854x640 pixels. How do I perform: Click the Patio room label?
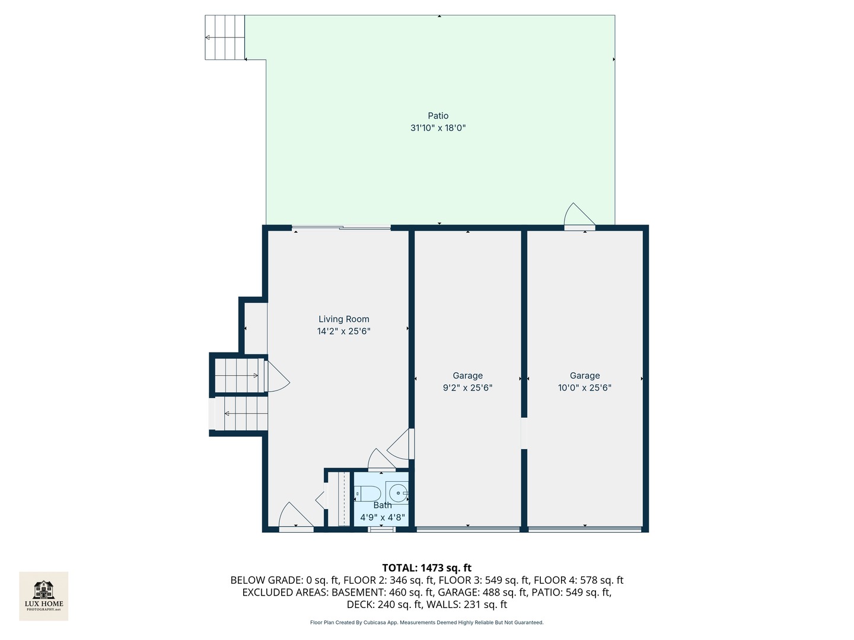click(x=438, y=116)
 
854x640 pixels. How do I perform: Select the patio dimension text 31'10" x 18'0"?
click(x=438, y=128)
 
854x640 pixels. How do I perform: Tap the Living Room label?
click(x=343, y=319)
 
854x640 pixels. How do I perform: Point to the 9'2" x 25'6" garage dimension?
click(x=467, y=388)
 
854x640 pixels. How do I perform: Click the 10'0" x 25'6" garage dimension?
click(x=584, y=388)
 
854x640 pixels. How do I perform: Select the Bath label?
click(x=383, y=505)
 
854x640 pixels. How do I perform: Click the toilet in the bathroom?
click(x=368, y=493)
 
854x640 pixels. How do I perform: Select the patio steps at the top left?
click(x=225, y=37)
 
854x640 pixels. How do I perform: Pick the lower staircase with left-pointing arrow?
click(x=243, y=413)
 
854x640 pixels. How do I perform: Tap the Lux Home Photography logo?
click(x=44, y=596)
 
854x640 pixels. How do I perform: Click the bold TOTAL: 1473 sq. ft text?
click(x=426, y=568)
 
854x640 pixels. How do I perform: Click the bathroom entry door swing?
click(x=381, y=460)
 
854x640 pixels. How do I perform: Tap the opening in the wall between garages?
click(x=524, y=433)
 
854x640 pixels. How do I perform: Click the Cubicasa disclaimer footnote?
click(x=426, y=623)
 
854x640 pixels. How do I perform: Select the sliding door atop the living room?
click(x=341, y=228)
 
